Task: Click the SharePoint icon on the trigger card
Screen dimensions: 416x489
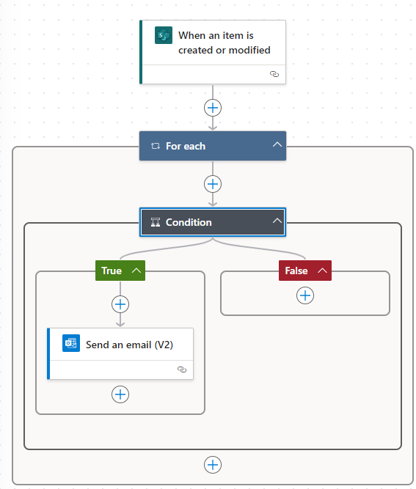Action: point(164,35)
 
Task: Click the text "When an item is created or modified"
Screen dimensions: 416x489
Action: point(224,43)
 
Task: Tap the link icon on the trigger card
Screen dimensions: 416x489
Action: point(274,74)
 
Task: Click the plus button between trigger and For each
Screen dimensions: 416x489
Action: point(213,108)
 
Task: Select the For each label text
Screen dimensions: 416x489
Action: point(186,146)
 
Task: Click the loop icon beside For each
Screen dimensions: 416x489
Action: point(156,146)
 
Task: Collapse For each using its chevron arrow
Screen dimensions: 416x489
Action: point(277,144)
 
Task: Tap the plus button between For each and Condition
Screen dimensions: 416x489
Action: point(213,184)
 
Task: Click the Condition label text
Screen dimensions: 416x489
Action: point(189,222)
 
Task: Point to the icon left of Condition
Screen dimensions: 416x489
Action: point(156,222)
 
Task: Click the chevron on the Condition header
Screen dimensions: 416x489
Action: point(277,221)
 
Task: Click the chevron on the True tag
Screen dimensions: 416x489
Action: point(136,271)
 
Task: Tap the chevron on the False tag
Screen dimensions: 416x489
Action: point(322,271)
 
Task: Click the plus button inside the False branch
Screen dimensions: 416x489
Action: point(305,295)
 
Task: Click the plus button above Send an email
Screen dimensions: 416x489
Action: point(120,304)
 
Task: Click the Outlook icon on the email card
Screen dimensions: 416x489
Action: point(71,343)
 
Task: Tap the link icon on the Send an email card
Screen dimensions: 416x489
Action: point(182,369)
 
